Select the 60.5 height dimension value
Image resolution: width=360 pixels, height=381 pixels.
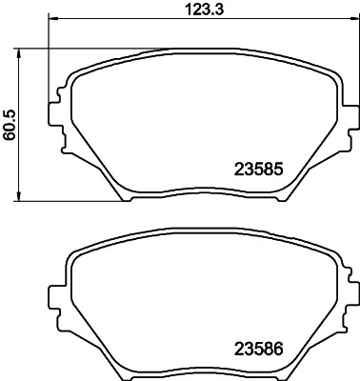click(x=10, y=123)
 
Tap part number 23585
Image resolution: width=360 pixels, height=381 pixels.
click(x=260, y=171)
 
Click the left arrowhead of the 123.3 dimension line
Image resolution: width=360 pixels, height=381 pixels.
click(x=52, y=21)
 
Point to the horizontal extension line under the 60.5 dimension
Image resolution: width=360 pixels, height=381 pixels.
click(x=67, y=201)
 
